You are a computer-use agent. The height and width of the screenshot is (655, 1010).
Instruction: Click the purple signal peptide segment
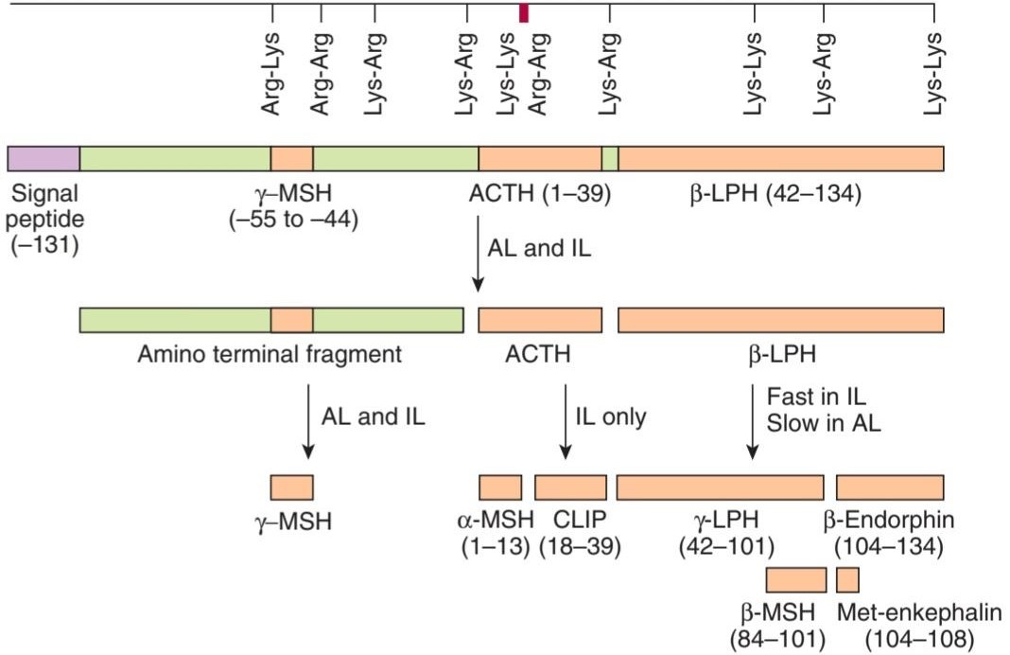(x=44, y=159)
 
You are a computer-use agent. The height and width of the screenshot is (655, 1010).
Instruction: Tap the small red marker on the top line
(x=524, y=13)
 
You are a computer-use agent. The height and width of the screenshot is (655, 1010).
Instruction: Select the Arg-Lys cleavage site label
(x=270, y=74)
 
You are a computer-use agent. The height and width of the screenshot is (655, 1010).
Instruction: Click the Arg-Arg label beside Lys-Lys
(x=538, y=74)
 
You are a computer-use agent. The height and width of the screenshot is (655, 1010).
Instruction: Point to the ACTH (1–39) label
(x=540, y=193)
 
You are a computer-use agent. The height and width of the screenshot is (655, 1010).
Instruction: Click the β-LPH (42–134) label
(x=775, y=193)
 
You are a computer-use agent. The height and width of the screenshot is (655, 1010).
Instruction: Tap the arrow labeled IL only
(x=566, y=421)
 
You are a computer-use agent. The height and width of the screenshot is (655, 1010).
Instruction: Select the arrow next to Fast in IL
(x=752, y=421)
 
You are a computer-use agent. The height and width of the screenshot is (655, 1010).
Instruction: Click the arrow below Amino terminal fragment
(x=308, y=421)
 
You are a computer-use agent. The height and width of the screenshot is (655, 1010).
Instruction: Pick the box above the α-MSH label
(x=500, y=488)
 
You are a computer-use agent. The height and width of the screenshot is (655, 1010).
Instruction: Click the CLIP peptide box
(x=570, y=488)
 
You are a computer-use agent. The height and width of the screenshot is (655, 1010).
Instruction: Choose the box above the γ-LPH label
(x=720, y=488)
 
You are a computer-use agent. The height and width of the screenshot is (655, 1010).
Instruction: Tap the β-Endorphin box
(x=890, y=488)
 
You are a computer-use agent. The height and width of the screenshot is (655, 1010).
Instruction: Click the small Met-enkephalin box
(x=847, y=580)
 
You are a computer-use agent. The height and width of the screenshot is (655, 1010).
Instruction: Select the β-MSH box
(x=796, y=580)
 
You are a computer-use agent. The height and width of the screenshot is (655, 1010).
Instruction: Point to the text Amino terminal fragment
(x=270, y=355)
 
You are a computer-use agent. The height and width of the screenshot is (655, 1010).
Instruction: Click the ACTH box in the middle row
(x=540, y=321)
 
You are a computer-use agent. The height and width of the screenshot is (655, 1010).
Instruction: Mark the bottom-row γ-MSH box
(x=292, y=488)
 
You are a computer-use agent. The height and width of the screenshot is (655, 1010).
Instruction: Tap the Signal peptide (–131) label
(x=44, y=220)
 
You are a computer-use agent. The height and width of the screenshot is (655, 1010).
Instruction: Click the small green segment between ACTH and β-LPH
(x=610, y=159)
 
